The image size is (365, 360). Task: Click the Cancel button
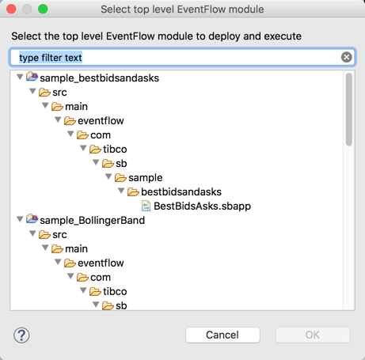click(x=222, y=335)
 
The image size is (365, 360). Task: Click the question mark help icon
click(x=21, y=335)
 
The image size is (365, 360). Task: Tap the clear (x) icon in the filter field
click(x=346, y=57)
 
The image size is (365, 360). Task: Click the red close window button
click(x=11, y=9)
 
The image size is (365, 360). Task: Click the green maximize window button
click(x=43, y=9)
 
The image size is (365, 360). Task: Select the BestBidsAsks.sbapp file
click(x=202, y=206)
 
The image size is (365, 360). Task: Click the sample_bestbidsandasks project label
click(x=99, y=78)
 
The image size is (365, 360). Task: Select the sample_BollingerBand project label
click(x=92, y=220)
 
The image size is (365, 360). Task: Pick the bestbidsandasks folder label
click(x=181, y=191)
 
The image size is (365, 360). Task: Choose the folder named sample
click(x=145, y=178)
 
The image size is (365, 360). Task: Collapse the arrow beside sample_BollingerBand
click(x=20, y=219)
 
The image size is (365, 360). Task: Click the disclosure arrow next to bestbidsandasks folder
click(x=121, y=191)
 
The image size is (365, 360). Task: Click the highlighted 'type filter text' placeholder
click(x=51, y=58)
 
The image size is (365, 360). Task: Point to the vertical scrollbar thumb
click(x=349, y=109)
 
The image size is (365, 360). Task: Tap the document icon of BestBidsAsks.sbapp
click(x=146, y=206)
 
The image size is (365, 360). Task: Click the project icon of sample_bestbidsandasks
click(x=32, y=77)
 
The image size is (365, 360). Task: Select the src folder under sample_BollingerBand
click(x=59, y=234)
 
